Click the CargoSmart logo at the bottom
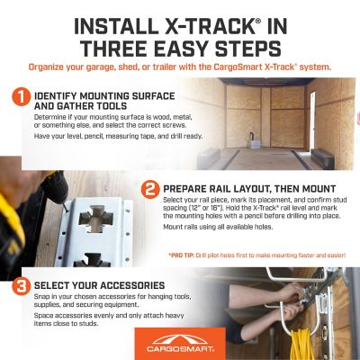[x=180, y=342]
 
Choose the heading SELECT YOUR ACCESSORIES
[x=97, y=287]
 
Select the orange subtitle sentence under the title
[x=180, y=67]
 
